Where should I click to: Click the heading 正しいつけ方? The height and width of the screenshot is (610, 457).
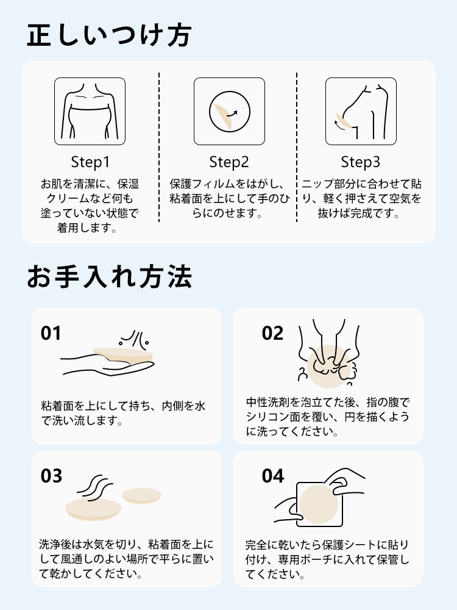tap(109, 35)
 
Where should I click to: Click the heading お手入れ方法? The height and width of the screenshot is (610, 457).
tap(109, 276)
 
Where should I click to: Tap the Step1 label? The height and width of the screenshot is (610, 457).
tap(90, 162)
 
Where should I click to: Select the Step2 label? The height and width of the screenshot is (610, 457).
tap(229, 162)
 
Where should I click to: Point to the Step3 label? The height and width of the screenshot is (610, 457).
tap(360, 162)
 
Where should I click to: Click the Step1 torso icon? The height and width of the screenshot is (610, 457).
tap(90, 111)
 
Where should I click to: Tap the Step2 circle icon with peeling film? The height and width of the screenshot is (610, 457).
tap(229, 111)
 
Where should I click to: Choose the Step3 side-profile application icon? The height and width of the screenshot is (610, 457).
tap(360, 111)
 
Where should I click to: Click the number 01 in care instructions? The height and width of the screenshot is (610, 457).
tap(51, 334)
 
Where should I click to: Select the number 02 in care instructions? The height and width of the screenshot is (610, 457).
tap(272, 334)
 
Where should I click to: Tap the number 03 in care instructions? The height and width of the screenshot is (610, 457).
tap(51, 476)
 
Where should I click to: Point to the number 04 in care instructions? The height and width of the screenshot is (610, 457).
tap(272, 476)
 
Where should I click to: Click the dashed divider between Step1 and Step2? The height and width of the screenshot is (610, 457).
tap(159, 146)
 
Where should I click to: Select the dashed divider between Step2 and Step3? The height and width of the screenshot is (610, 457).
tap(297, 146)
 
